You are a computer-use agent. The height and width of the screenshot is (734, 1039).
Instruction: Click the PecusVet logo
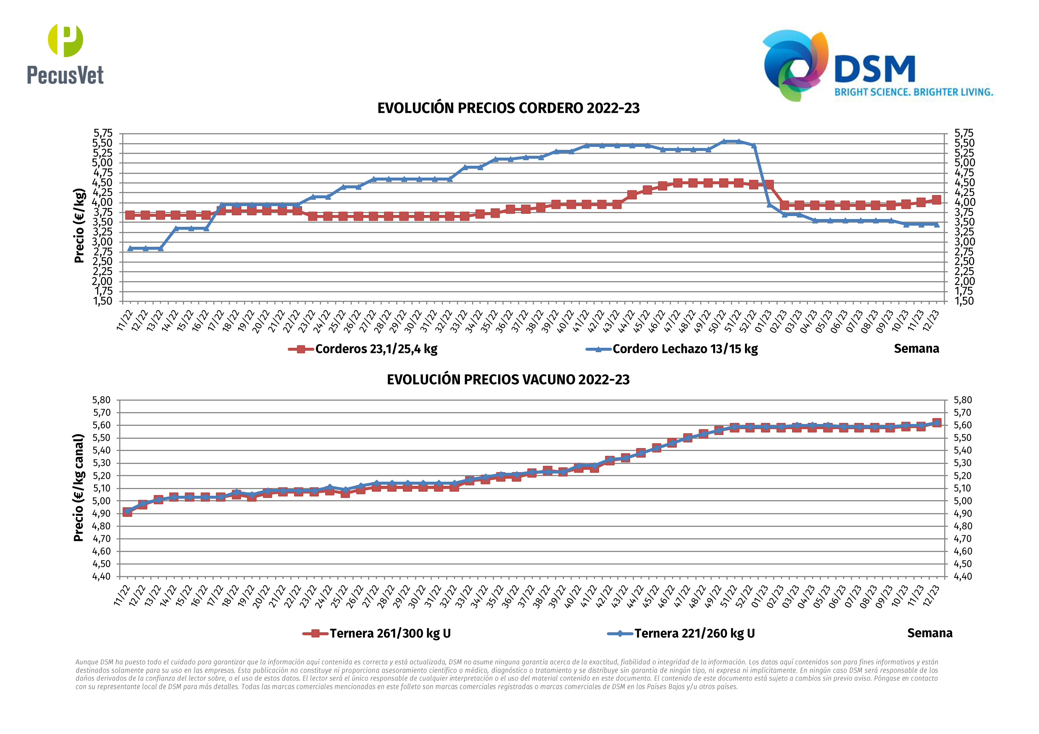pos(65,54)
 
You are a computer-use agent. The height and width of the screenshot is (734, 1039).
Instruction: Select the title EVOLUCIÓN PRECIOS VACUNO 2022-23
pos(508,380)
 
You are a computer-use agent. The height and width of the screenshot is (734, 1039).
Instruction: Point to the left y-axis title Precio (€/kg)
pos(79,225)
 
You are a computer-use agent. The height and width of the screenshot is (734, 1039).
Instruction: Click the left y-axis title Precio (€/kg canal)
pos(79,488)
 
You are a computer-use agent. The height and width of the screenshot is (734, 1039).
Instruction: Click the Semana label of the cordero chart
pos(916,349)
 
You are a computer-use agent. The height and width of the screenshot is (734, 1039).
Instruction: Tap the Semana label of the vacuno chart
pos(929,633)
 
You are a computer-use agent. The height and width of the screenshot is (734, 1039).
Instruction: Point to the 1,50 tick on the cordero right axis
pos(964,301)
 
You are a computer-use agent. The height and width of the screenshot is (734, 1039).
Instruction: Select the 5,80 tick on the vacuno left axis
pos(101,400)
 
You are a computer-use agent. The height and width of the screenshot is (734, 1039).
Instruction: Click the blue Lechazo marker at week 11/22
pos(130,248)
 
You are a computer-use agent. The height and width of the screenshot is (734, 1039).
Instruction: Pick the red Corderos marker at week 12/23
pos(936,200)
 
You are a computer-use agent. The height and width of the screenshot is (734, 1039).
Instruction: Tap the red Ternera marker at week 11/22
pos(127,512)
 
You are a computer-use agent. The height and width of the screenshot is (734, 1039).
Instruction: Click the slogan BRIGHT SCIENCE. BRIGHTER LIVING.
pos(913,92)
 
